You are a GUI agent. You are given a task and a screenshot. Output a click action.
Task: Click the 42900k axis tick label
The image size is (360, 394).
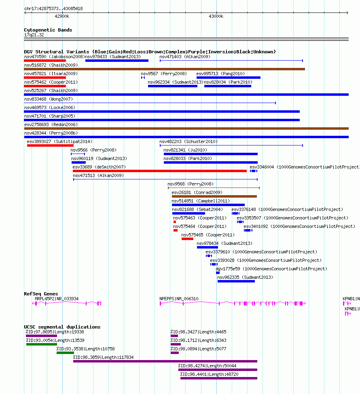62,16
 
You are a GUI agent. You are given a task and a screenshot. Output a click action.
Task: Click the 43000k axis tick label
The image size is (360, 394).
216,16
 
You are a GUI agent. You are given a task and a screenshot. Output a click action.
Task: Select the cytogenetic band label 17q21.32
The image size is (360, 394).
34,35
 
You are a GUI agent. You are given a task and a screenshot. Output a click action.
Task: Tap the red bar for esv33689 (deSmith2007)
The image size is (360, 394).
160,171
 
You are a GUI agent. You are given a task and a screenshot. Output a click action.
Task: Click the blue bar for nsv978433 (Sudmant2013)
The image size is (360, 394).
117,61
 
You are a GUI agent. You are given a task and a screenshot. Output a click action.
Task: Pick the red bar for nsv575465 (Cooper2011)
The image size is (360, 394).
187,239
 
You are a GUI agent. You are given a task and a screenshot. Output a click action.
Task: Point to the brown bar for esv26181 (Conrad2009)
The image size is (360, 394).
214,196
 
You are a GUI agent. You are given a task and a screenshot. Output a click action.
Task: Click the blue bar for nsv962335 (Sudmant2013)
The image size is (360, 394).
236,281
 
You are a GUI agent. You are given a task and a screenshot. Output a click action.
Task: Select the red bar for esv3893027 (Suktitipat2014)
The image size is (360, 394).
50,145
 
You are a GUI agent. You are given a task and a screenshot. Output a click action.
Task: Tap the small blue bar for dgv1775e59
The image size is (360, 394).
218,273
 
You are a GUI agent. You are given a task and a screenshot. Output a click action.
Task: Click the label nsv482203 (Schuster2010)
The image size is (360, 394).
188,141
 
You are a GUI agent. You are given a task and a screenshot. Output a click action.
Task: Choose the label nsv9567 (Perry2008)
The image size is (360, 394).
164,74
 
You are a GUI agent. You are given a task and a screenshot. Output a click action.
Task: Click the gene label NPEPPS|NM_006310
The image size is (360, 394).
179,299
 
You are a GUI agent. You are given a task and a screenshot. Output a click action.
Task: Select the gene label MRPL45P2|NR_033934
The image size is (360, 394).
57,299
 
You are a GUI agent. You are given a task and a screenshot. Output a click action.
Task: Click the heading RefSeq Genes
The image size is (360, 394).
41,294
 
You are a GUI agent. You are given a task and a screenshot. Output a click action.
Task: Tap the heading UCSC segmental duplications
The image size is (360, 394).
62,327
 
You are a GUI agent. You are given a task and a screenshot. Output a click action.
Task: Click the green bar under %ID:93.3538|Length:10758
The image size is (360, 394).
65,353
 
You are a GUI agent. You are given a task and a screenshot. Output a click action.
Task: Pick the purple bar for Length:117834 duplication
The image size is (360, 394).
165,361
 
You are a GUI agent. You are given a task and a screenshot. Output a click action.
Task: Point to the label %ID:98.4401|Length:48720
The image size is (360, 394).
209,374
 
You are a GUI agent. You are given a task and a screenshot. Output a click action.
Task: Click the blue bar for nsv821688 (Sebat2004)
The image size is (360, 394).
188,213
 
